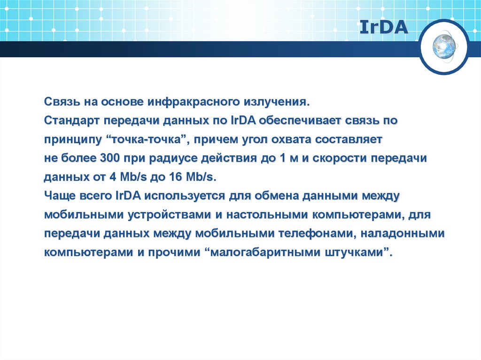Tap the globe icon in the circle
click(x=444, y=47)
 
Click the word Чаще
click(x=59, y=196)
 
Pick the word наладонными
click(x=404, y=233)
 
